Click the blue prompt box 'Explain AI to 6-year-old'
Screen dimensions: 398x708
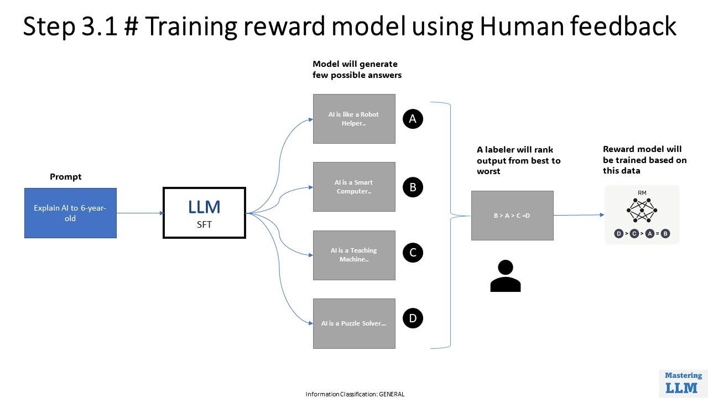(70, 213)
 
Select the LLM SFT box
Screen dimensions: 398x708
(204, 213)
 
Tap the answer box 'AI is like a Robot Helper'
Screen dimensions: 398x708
(354, 119)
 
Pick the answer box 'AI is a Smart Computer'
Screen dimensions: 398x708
(354, 187)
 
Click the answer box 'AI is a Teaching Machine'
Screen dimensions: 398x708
(354, 255)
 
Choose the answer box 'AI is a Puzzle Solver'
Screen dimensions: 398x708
(354, 323)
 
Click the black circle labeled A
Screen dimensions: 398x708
(413, 118)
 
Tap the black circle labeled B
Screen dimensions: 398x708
(413, 187)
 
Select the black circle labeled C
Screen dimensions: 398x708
(413, 253)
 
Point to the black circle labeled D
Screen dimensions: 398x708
(413, 318)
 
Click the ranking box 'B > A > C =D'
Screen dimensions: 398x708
(512, 216)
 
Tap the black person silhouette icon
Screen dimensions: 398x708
(506, 276)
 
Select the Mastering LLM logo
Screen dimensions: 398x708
(683, 383)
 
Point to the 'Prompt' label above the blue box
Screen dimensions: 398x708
(65, 177)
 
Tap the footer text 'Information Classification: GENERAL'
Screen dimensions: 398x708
(355, 394)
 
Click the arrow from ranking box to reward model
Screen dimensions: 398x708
(579, 215)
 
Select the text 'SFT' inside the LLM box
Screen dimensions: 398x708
(204, 224)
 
